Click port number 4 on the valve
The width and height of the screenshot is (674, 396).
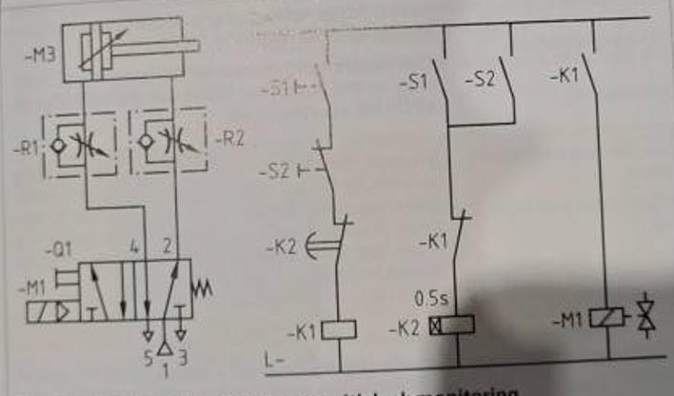[134, 247]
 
